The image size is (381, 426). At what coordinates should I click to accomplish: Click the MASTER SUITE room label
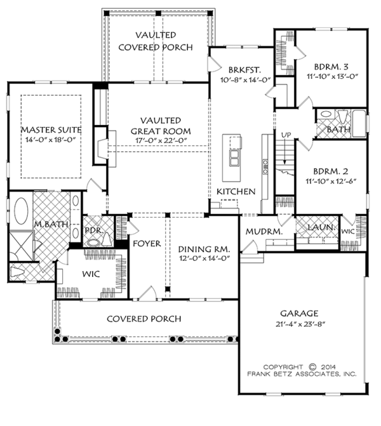coord(51,130)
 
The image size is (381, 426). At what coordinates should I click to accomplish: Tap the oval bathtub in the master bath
coord(21,211)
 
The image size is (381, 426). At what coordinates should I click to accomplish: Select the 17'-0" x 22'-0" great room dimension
coord(161,140)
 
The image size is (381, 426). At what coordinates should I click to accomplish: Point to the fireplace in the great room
coord(104,149)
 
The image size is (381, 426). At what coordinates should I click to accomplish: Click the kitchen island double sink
coord(234,158)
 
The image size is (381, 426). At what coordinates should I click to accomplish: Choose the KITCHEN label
coord(236,192)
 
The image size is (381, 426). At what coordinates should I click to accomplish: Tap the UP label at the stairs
coord(286,135)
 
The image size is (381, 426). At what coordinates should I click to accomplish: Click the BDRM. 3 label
coord(331,67)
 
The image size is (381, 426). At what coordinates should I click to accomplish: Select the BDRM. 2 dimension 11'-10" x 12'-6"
coord(331,181)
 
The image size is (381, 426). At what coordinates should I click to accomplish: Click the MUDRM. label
coord(264,232)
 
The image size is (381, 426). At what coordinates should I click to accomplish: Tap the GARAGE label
coord(299,314)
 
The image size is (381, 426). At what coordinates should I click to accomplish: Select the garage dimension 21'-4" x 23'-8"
coord(300,324)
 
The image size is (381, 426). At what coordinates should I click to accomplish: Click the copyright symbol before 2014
coord(313,367)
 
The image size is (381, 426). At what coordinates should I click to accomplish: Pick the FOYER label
coord(147,244)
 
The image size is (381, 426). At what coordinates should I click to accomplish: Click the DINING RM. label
coord(204,249)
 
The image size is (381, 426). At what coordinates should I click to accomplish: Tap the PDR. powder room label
coord(94,230)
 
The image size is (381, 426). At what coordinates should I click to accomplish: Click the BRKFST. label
coord(244,70)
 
